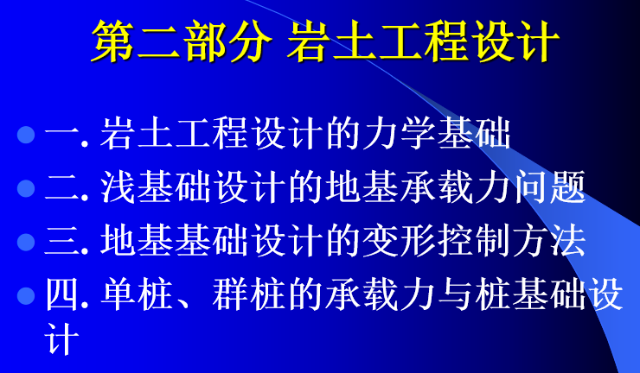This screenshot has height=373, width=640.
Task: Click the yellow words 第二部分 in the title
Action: (182, 41)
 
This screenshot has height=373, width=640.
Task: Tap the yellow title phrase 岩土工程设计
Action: (423, 41)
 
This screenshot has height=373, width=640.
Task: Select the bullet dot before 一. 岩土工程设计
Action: (26, 135)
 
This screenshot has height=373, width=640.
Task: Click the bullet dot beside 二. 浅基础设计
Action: (26, 188)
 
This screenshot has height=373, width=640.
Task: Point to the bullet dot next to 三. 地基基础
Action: (26, 242)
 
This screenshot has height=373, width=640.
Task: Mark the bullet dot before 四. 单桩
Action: (26, 296)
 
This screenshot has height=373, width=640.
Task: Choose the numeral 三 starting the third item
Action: (61, 242)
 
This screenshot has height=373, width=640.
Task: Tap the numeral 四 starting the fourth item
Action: (61, 295)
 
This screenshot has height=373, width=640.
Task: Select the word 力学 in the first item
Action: (399, 133)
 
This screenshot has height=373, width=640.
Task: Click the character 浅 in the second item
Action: (117, 187)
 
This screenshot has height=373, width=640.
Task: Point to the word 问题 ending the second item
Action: (550, 187)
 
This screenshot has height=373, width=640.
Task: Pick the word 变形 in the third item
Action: (399, 242)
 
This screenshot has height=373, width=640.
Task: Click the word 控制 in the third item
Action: (473, 242)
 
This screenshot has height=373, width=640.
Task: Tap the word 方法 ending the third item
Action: (549, 242)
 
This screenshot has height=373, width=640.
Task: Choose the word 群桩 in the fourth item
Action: (248, 295)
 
